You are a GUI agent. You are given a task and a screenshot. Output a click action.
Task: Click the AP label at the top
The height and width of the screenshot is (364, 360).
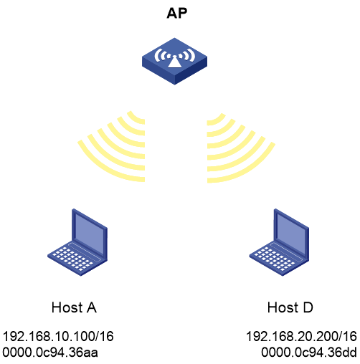coord(177,13)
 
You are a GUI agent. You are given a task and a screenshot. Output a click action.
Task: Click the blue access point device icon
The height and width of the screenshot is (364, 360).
coord(174,61)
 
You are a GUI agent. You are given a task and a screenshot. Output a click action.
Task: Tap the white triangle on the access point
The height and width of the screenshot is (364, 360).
coord(175,62)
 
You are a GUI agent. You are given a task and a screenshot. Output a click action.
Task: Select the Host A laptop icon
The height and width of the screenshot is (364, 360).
coord(77,242)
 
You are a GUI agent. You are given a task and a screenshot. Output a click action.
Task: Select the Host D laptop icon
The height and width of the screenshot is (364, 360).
coord(279,242)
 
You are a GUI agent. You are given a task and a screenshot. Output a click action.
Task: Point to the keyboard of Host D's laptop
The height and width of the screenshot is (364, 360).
coord(275,259)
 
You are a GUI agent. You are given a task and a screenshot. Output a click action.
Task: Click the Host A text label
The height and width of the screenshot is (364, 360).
coord(74,307)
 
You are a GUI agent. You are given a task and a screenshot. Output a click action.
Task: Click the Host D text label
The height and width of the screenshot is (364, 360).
coord(290,307)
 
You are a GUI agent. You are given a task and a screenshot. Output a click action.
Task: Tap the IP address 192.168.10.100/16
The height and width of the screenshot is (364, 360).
coord(58,336)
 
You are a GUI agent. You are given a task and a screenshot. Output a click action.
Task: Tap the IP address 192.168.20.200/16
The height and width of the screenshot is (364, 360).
coord(301,336)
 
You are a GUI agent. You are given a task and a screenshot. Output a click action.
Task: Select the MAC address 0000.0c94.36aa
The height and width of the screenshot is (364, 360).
coord(50,353)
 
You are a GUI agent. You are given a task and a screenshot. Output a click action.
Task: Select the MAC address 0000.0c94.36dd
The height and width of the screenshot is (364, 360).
coord(309,353)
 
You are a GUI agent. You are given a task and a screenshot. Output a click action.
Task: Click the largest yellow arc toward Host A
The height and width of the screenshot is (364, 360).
coord(103,168)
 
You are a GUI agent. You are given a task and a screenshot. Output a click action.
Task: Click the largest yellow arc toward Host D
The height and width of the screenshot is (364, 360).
coord(249,170)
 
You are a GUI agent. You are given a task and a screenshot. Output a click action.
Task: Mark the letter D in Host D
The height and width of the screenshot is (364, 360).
coord(308,307)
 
